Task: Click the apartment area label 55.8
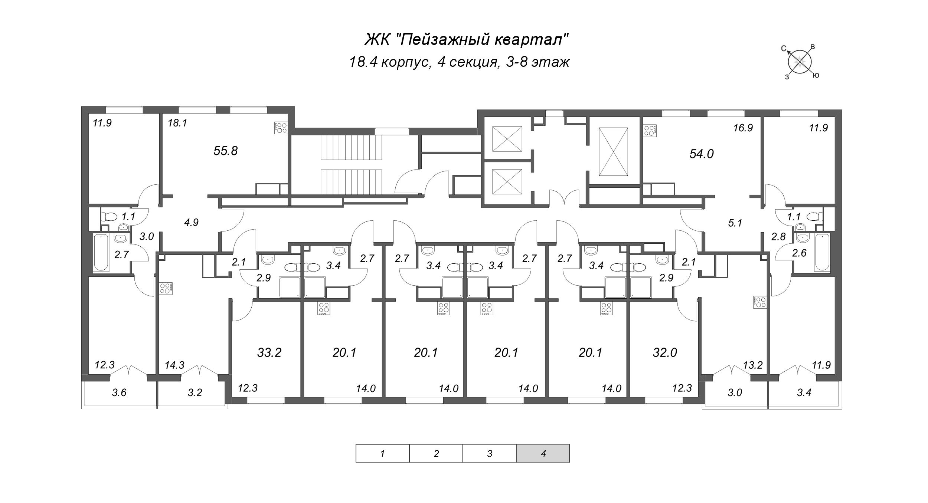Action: click(x=225, y=151)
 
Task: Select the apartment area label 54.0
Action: click(x=701, y=154)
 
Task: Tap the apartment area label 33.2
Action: click(x=269, y=352)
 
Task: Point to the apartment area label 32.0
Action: click(x=665, y=352)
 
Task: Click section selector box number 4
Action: click(x=543, y=453)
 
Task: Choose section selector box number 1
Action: click(x=382, y=453)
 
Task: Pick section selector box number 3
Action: click(x=489, y=453)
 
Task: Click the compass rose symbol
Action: click(x=800, y=62)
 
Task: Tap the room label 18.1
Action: click(x=177, y=123)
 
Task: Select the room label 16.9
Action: click(x=743, y=128)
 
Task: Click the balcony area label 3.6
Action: click(x=119, y=392)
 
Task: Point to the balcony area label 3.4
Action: click(x=804, y=392)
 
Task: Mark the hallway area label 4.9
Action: click(x=192, y=223)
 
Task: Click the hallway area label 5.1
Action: click(x=735, y=223)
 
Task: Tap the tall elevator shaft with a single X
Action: click(x=613, y=152)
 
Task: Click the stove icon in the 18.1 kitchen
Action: click(x=280, y=128)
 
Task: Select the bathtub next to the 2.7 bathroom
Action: click(x=101, y=252)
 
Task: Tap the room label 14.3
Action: click(x=174, y=366)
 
